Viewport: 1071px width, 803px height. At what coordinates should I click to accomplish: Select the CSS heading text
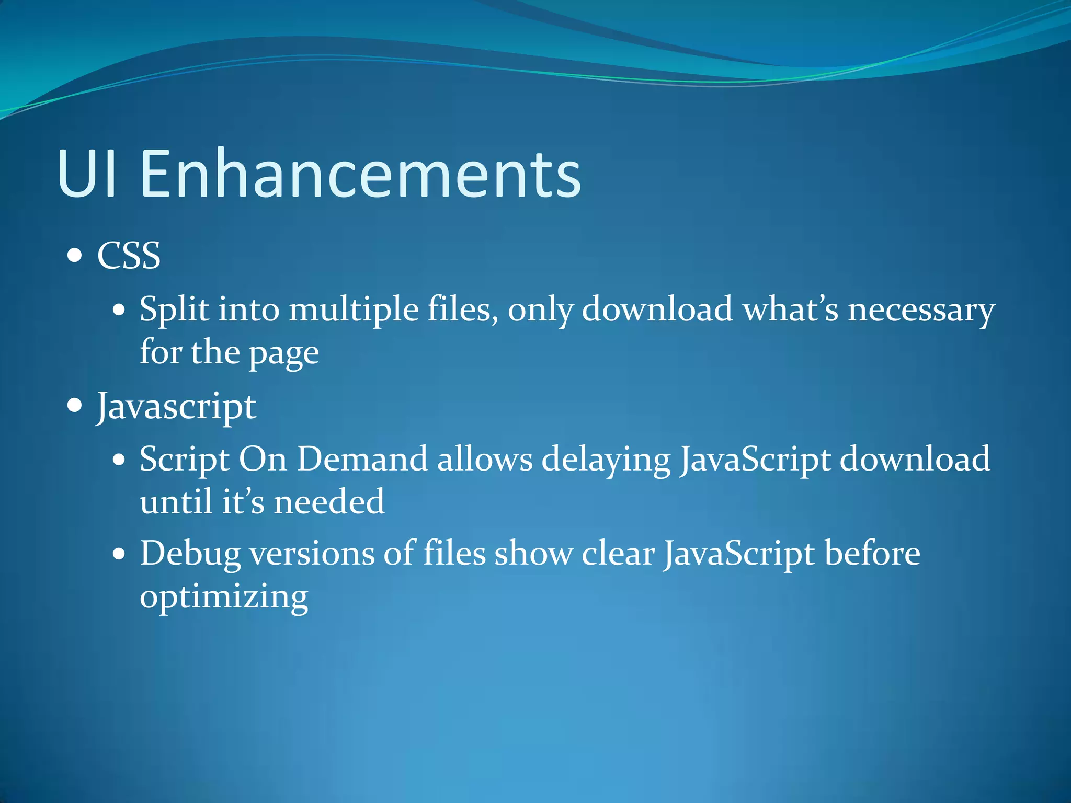(x=129, y=256)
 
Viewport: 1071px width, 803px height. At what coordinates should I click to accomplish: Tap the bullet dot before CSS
(x=75, y=256)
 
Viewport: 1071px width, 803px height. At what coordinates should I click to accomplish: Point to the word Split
(x=174, y=309)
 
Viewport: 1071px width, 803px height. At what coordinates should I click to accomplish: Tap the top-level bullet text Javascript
(x=176, y=407)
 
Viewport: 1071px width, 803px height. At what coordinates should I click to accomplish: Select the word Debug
(x=190, y=554)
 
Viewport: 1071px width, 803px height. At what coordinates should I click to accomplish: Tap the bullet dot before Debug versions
(x=119, y=554)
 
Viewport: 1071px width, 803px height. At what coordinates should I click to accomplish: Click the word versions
(x=312, y=554)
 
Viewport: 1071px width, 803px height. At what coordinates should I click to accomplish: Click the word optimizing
(x=224, y=598)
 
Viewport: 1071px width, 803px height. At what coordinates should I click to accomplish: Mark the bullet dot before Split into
(x=119, y=309)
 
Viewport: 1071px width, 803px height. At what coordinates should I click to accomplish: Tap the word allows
(x=485, y=460)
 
